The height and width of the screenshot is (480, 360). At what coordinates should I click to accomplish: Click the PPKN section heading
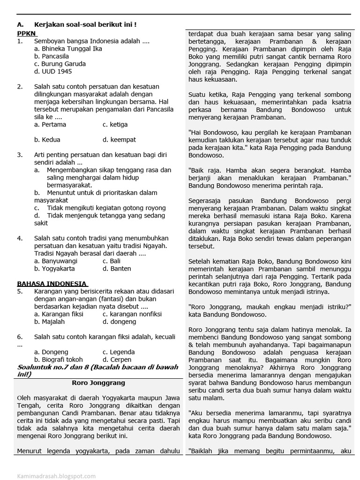click(x=27, y=34)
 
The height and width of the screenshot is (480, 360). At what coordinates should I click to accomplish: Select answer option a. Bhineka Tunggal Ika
click(x=68, y=48)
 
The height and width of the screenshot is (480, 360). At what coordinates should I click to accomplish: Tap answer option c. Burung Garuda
click(x=60, y=64)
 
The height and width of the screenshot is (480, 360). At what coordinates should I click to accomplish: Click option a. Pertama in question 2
click(x=50, y=125)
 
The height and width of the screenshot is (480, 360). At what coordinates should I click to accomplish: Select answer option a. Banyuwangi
click(x=56, y=261)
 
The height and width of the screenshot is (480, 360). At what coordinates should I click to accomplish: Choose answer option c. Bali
click(x=112, y=261)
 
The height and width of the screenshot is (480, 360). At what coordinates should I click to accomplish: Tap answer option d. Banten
click(x=117, y=269)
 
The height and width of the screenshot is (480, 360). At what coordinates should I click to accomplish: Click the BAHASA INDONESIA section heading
click(x=52, y=284)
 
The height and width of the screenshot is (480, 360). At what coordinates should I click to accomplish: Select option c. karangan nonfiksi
click(x=132, y=314)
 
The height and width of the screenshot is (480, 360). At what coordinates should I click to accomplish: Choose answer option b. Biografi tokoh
click(x=58, y=360)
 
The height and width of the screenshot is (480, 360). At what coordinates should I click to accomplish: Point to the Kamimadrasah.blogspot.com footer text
click(x=56, y=476)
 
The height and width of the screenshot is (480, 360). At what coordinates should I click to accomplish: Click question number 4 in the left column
click(x=20, y=238)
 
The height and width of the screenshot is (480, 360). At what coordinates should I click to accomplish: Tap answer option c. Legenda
click(x=119, y=352)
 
